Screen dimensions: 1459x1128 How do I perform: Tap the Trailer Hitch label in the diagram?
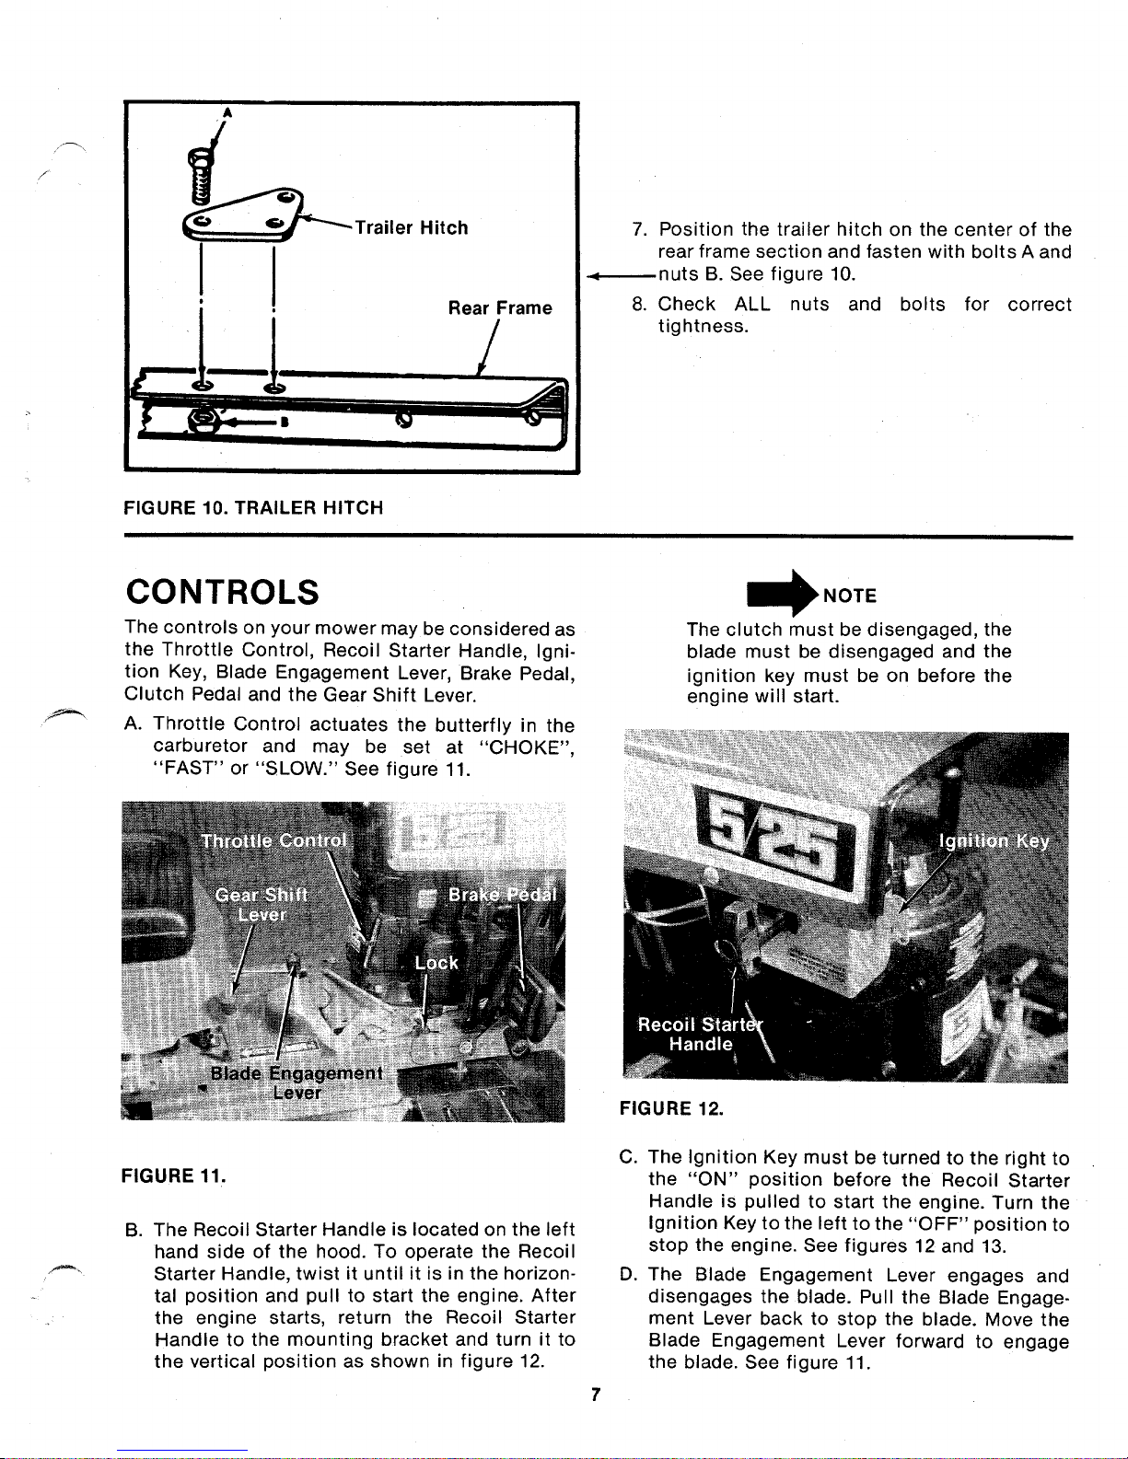[411, 227]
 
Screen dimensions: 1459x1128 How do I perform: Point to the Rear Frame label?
[500, 307]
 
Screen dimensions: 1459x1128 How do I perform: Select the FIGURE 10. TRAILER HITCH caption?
[253, 507]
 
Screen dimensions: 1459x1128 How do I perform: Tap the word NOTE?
[850, 596]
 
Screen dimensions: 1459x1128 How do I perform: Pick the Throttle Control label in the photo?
[273, 840]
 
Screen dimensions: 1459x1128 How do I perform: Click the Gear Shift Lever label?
[261, 905]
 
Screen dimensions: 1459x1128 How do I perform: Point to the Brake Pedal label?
[501, 896]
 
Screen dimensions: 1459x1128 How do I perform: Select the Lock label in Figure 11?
[436, 963]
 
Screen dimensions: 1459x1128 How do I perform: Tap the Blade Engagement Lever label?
[297, 1083]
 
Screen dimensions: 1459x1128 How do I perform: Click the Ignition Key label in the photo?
[994, 841]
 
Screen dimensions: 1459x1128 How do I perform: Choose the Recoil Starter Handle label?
[701, 1034]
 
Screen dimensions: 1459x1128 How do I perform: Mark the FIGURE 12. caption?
[671, 1108]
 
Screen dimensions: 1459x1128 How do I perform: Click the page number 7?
[596, 1395]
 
